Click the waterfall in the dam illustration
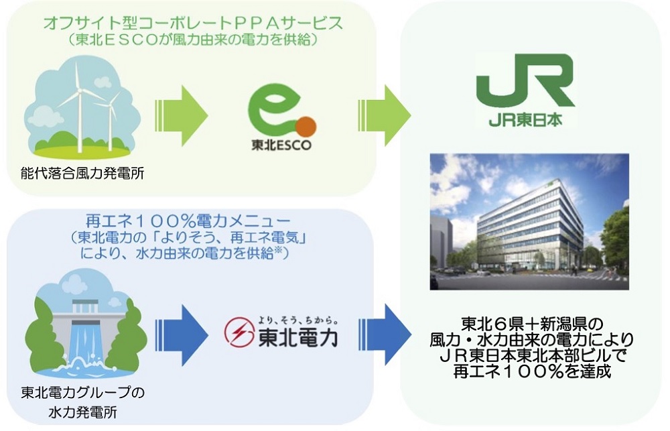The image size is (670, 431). point(78,342)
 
